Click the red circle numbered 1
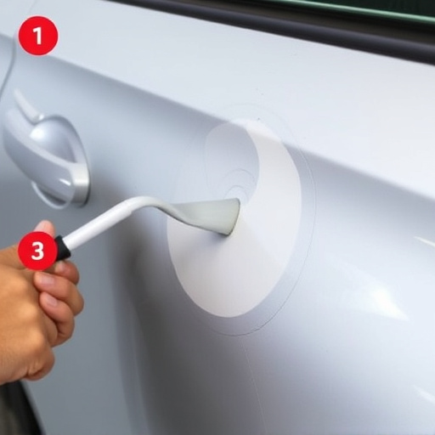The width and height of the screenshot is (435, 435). (38, 36)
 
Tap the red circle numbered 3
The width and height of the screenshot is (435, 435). (37, 251)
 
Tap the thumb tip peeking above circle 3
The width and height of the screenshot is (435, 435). (45, 227)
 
